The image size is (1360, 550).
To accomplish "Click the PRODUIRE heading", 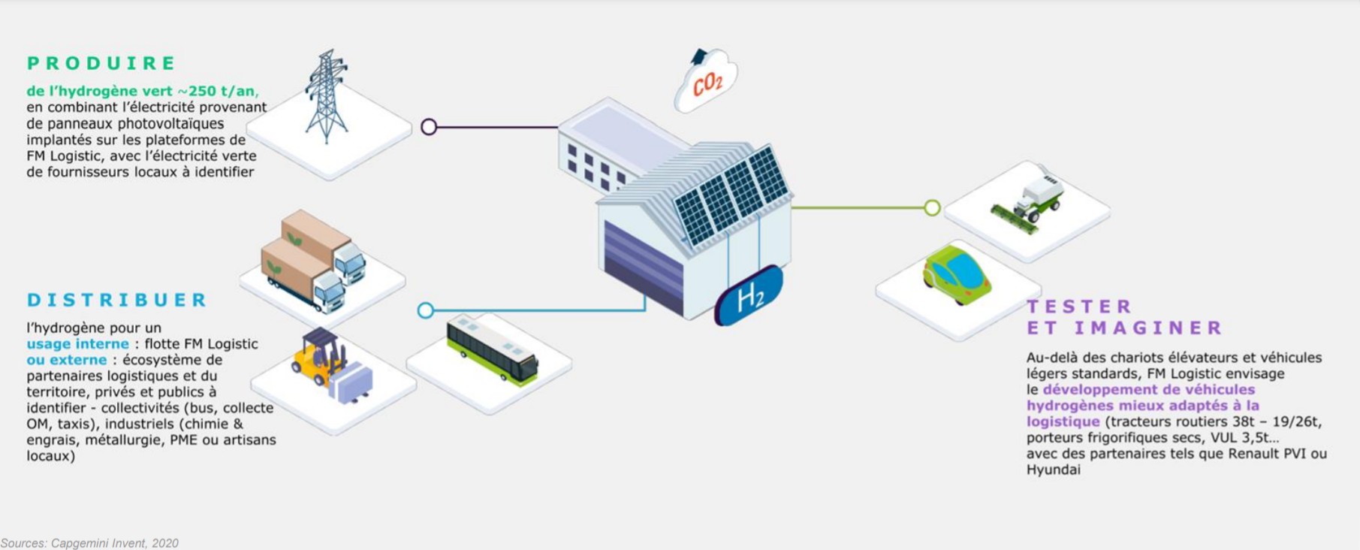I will pyautogui.click(x=101, y=63).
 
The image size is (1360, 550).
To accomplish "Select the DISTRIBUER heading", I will pyautogui.click(x=116, y=300).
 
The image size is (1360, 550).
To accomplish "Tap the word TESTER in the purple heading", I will pyautogui.click(x=1078, y=307).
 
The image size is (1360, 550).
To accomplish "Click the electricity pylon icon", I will pyautogui.click(x=327, y=95).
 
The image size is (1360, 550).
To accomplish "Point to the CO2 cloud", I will pyautogui.click(x=706, y=81).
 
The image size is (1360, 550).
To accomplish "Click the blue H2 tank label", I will pyautogui.click(x=749, y=296).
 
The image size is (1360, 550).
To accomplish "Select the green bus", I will pyautogui.click(x=492, y=350).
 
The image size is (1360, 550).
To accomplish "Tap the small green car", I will pyautogui.click(x=957, y=273).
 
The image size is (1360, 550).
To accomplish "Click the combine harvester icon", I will pyautogui.click(x=1028, y=202).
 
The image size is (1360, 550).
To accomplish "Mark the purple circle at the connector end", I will pyautogui.click(x=429, y=127).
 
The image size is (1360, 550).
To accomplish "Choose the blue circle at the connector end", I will pyautogui.click(x=426, y=310).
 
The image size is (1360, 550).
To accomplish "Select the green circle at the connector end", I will pyautogui.click(x=932, y=208).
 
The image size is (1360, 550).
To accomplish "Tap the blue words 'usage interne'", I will pyautogui.click(x=78, y=344).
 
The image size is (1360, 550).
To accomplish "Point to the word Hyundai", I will pyautogui.click(x=1053, y=470).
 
